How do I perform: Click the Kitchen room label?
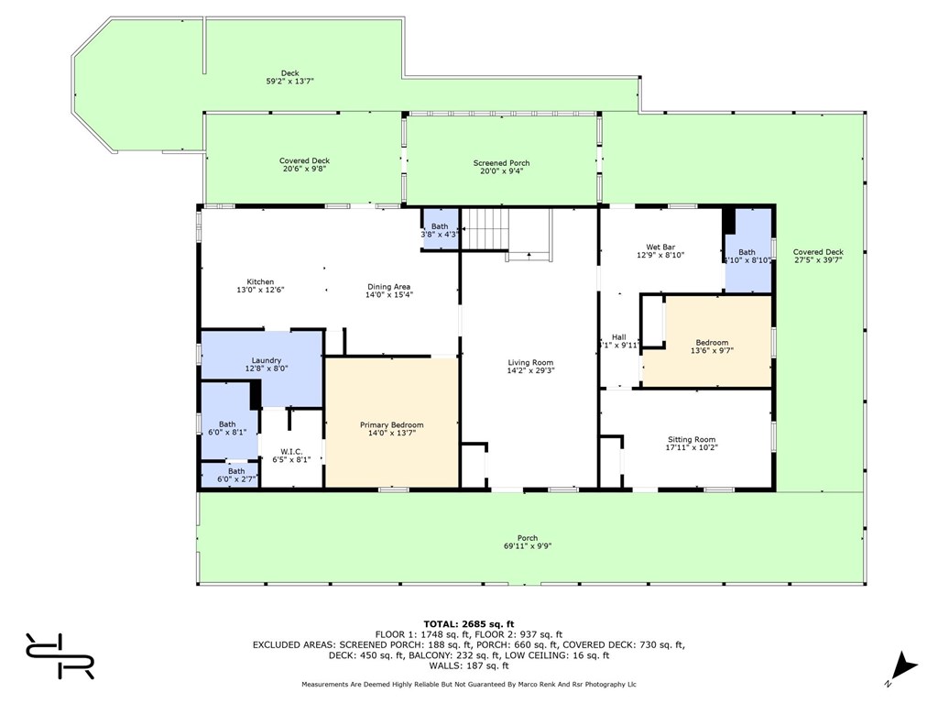click(260, 282)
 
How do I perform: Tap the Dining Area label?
click(388, 287)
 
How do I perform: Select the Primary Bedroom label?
click(391, 425)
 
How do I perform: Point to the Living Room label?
click(529, 363)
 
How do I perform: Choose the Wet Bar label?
click(660, 247)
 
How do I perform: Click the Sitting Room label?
click(691, 440)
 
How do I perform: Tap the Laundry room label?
click(267, 361)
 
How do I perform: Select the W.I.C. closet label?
click(291, 452)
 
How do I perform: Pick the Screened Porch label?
click(501, 163)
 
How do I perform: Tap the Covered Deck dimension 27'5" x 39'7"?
click(818, 260)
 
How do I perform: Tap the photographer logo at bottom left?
click(60, 655)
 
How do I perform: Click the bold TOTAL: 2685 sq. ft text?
click(468, 623)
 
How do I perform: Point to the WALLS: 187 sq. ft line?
click(468, 665)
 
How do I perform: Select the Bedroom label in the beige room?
click(711, 343)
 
